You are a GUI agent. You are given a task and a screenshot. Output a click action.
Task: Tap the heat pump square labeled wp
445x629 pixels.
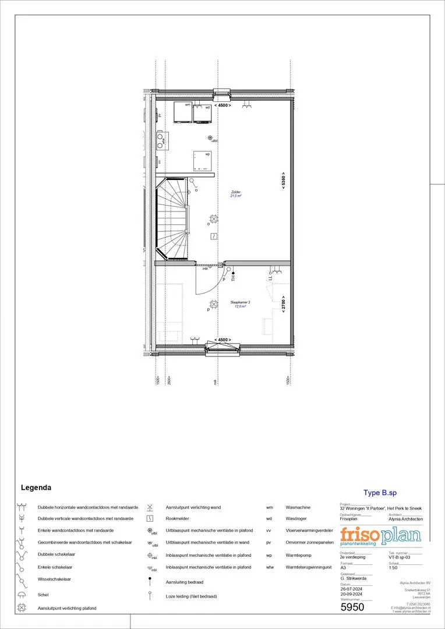point(203,160)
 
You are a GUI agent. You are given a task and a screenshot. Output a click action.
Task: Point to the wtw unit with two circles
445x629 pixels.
point(160,140)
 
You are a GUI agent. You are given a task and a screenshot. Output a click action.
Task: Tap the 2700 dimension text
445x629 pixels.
point(283,303)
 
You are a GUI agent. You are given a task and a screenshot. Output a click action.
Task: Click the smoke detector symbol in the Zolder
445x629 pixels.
point(214,236)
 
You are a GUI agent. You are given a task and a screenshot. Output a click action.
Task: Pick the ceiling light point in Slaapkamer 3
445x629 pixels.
point(213,303)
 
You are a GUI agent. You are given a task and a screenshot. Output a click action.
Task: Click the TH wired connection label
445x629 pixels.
point(232,277)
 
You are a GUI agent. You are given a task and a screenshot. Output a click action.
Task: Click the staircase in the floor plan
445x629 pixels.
point(173,218)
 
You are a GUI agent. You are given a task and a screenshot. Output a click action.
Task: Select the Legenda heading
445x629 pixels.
point(36,487)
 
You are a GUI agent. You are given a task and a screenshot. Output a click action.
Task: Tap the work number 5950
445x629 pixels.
point(352,607)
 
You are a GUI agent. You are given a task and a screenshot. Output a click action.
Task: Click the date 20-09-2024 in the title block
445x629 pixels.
point(351,594)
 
